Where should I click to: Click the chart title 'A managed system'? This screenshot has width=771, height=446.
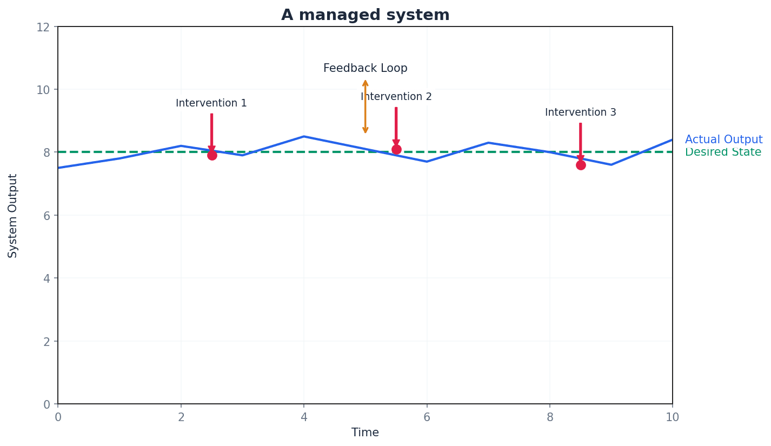pos(365,15)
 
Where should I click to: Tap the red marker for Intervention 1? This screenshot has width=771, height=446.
pos(212,155)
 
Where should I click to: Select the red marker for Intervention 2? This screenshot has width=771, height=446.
pos(396,149)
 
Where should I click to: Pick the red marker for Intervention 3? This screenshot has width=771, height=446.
pos(581,165)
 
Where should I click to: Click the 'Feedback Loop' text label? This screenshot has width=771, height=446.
pos(365,69)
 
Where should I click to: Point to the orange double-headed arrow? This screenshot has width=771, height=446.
pos(365,106)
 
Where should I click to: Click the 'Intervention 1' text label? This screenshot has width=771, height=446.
pos(211,103)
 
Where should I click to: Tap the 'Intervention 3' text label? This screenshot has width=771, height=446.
pos(580,112)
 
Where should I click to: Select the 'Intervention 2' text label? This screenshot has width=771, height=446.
pos(396,97)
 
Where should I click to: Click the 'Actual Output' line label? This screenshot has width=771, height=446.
pos(723,139)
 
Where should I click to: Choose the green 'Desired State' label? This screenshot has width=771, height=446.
pos(723,152)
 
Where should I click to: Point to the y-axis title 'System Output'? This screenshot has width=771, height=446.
pos(13,215)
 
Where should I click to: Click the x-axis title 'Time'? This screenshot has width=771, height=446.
pos(365,432)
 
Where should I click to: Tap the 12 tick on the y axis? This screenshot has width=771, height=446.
pos(43,27)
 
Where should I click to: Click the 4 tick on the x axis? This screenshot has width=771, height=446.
pos(304,417)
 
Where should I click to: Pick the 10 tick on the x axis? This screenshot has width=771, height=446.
pos(672,417)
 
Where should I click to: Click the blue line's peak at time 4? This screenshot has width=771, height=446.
pos(304,136)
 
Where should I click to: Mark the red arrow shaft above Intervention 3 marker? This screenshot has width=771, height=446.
pos(580,138)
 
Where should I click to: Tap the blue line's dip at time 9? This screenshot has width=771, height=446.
pos(611,164)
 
